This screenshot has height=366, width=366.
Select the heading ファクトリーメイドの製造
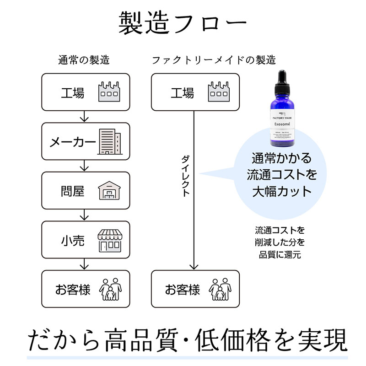(x=214, y=60)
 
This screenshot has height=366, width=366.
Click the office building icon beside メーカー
(x=110, y=141)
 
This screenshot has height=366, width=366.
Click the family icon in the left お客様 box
(x=109, y=289)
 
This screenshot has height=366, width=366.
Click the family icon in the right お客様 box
(x=219, y=289)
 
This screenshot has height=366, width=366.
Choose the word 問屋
(x=73, y=191)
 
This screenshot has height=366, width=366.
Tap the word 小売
(x=73, y=241)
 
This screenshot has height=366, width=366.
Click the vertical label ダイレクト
(x=186, y=176)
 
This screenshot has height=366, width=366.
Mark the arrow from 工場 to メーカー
(x=84, y=117)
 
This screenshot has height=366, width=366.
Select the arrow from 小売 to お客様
(x=84, y=264)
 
